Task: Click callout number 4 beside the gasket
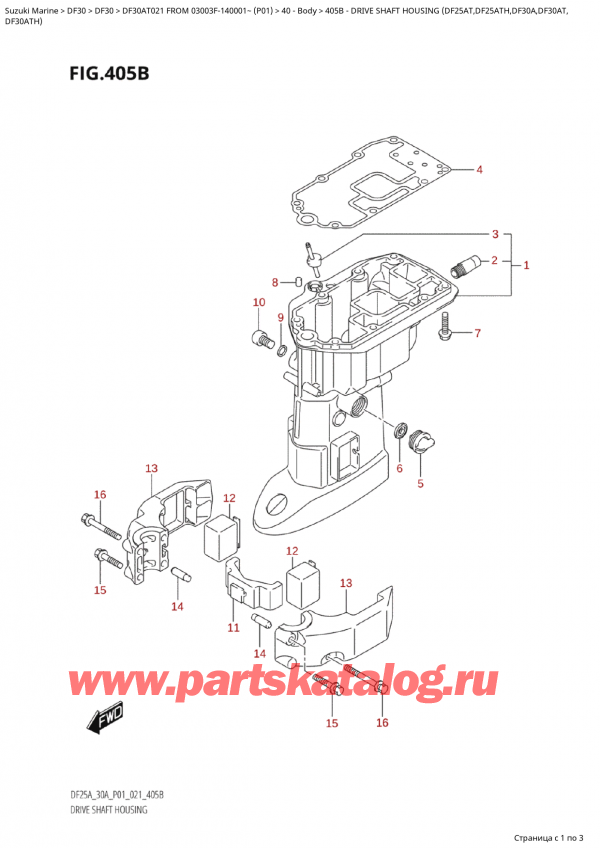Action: point(479,169)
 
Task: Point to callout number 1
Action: point(526,265)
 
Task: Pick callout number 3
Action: point(494,235)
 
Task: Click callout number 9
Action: point(281,319)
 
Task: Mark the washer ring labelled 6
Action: point(404,431)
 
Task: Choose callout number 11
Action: point(233,627)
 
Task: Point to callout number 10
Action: point(259,302)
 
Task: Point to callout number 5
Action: point(420,485)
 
